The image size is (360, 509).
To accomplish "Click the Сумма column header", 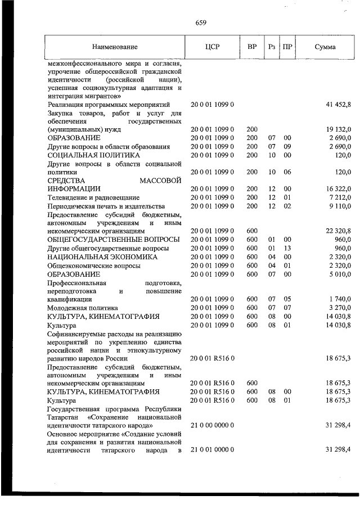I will pyautogui.click(x=325, y=47).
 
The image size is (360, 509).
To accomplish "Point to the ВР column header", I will pyautogui.click(x=251, y=47).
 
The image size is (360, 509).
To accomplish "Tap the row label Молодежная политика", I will pyautogui.click(x=83, y=308).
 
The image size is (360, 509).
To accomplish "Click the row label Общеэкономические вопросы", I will pyautogui.click(x=94, y=265).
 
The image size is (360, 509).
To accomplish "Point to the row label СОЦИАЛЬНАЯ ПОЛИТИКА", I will pyautogui.click(x=94, y=155).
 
